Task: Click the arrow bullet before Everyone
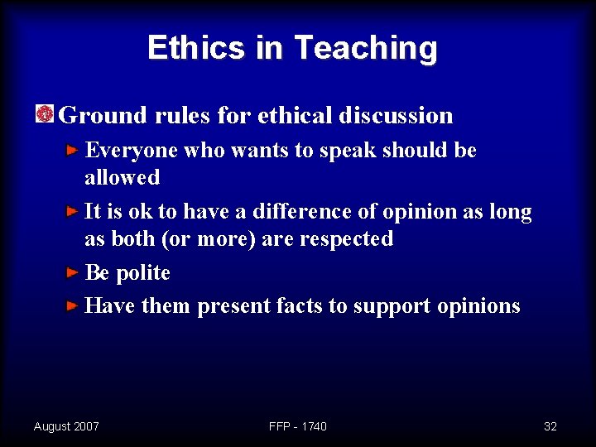74,150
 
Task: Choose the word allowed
122,177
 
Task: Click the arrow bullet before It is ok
74,211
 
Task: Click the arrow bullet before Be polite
74,272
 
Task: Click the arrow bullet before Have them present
74,305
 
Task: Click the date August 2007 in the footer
66,426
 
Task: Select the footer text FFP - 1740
298,426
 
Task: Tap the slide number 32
550,426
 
